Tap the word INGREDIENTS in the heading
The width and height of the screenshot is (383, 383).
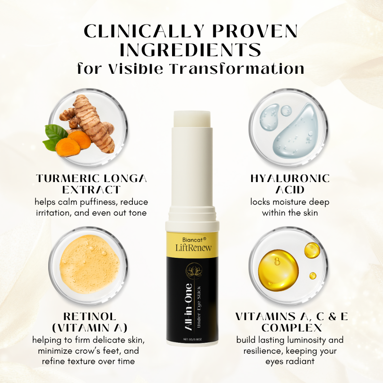click(x=191, y=50)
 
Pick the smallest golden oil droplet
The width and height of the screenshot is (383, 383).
click(x=313, y=275)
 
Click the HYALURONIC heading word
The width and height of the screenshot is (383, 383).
click(x=289, y=178)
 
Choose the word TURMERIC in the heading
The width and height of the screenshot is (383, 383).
click(x=65, y=178)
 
